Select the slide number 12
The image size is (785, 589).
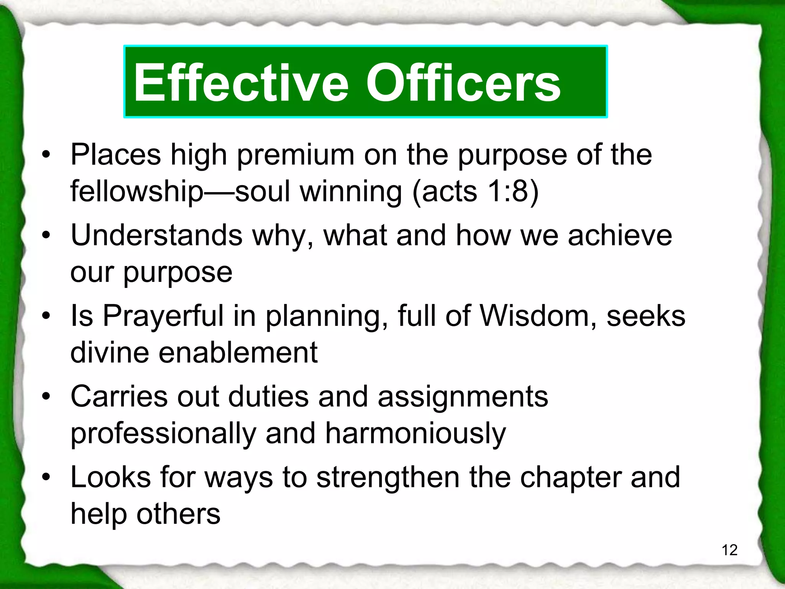[x=729, y=550]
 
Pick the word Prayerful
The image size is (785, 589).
[x=163, y=317]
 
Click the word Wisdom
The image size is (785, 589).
[x=535, y=316]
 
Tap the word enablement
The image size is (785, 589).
[x=238, y=352]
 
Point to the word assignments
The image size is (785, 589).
[x=463, y=397]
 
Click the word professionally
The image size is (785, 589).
[x=163, y=434]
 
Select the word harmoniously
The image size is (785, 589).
[x=415, y=433]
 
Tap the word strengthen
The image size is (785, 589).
[x=388, y=478]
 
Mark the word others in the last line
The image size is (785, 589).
[x=178, y=514]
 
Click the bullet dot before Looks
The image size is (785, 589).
[x=46, y=477]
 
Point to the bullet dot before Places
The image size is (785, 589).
[x=46, y=155]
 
